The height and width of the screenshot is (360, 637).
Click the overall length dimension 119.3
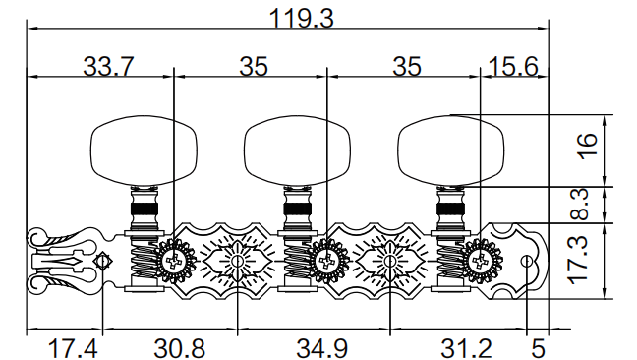pyautogui.click(x=301, y=19)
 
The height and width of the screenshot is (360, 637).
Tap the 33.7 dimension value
pyautogui.click(x=108, y=66)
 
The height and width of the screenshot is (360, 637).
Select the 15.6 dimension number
pyautogui.click(x=513, y=66)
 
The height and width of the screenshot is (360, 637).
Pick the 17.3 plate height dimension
pyautogui.click(x=578, y=261)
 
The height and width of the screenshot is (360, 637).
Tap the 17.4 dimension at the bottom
pyautogui.click(x=73, y=348)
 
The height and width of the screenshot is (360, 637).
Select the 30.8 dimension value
pyautogui.click(x=180, y=348)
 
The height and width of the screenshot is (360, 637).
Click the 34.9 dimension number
pyautogui.click(x=321, y=348)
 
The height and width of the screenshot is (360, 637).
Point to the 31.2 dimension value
pyautogui.click(x=466, y=348)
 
